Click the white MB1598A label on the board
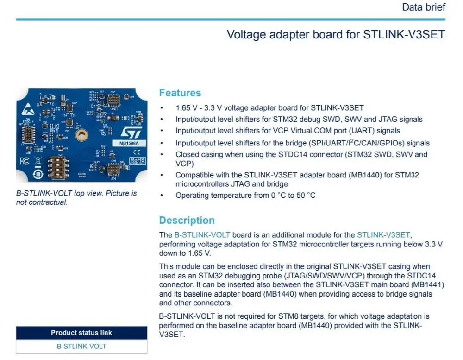click(x=126, y=143)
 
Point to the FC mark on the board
click(x=25, y=161)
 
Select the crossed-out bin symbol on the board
click(x=38, y=162)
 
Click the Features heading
click(x=180, y=93)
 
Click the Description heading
click(x=187, y=220)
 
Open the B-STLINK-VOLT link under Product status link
click(x=81, y=347)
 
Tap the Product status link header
click(x=81, y=333)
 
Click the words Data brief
click(x=424, y=7)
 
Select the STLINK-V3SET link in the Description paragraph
click(x=383, y=234)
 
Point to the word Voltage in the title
click(x=245, y=35)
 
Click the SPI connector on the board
click(x=114, y=169)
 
